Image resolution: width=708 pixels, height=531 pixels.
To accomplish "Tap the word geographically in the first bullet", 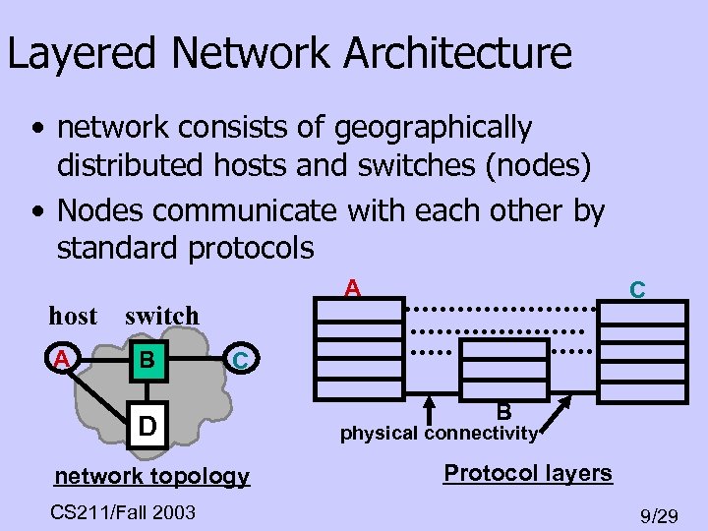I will (433, 128).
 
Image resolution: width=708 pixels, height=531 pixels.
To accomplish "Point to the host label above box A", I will (73, 316).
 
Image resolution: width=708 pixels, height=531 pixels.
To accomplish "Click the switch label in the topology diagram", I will (161, 316).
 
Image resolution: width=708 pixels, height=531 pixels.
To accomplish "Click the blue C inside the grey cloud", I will (240, 361).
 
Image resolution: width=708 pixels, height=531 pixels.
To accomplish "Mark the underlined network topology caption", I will (151, 477).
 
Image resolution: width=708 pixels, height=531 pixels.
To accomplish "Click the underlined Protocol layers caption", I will (528, 473).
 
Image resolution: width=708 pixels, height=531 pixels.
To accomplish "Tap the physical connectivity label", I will (439, 433).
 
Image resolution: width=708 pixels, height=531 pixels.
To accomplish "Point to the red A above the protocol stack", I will (353, 288).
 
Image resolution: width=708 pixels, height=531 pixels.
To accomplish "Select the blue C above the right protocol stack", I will (637, 289).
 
